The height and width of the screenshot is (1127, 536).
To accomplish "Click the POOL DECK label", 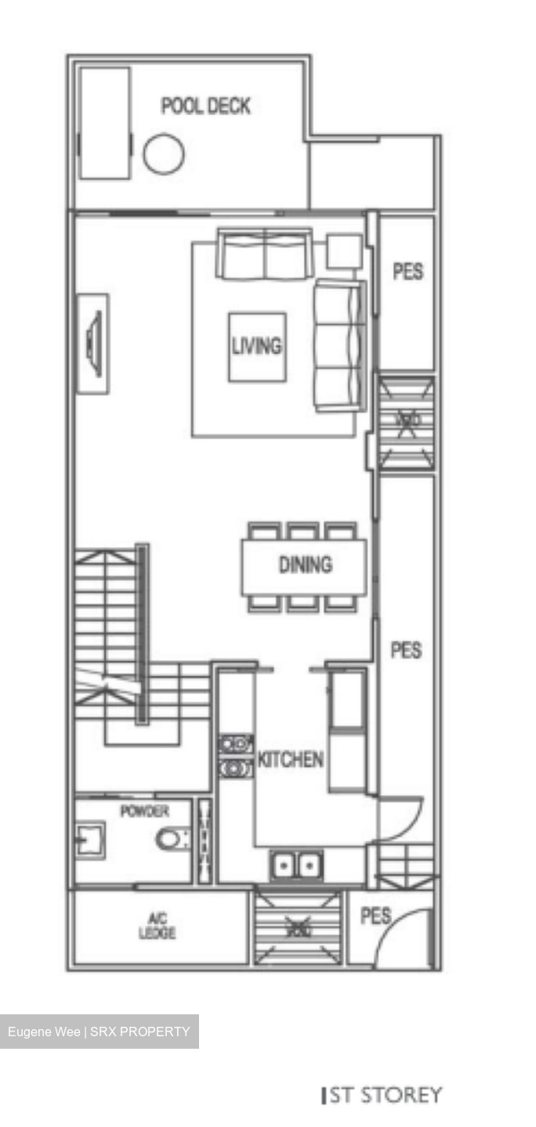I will [x=205, y=106].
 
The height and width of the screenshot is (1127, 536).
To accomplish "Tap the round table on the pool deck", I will [x=164, y=153].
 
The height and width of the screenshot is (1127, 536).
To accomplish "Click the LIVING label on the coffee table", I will [x=256, y=345].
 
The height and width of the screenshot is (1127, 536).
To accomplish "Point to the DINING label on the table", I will [x=305, y=564].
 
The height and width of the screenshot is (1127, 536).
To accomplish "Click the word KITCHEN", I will [x=291, y=759].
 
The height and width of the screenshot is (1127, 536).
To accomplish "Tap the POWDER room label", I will [x=144, y=812].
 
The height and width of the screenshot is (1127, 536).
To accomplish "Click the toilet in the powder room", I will [x=172, y=840].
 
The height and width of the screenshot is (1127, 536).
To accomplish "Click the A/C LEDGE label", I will [x=158, y=928].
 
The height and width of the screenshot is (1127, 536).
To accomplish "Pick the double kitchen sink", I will [x=295, y=866].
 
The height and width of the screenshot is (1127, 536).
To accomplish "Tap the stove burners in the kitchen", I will [x=235, y=756].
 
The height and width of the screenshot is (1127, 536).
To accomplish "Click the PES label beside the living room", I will [x=407, y=272].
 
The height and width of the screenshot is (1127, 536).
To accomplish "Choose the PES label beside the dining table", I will [x=406, y=650].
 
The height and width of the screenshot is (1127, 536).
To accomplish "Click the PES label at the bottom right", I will [x=375, y=916].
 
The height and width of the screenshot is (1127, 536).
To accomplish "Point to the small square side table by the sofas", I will [x=344, y=251].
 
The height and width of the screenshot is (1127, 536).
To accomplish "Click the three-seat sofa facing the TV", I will [x=339, y=345].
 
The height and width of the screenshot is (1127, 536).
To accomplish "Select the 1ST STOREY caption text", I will [x=382, y=1095].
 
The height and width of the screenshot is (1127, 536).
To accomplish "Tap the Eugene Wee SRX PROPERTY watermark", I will [x=99, y=1032].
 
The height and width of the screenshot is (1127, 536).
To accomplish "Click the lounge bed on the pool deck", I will [x=104, y=123].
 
